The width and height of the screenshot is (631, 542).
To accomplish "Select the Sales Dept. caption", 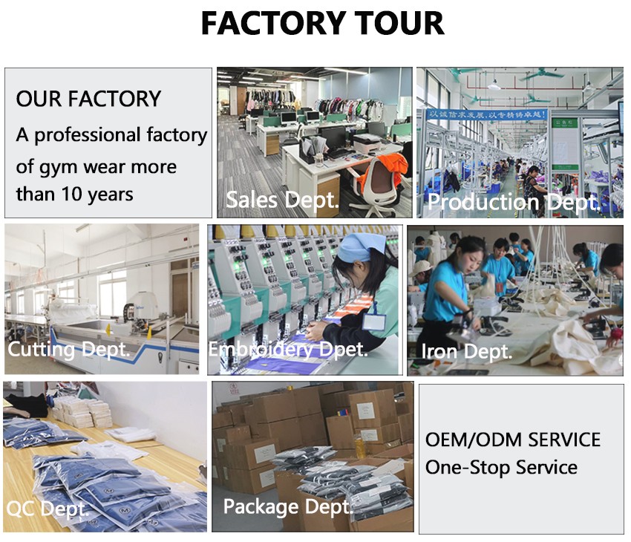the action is click(282, 200).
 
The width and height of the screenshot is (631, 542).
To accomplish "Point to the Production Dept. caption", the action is click(514, 202).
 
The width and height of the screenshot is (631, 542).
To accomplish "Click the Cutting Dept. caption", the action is click(69, 349).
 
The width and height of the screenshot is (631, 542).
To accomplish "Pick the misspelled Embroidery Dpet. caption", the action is click(288, 349).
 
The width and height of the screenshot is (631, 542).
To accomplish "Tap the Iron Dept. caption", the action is click(466, 352).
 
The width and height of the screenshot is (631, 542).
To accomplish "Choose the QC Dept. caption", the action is click(48, 509).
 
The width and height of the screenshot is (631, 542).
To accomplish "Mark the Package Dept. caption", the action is click(288, 506).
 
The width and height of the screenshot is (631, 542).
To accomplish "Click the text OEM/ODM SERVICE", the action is click(513, 440).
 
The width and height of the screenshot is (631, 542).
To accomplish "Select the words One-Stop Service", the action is click(501, 468).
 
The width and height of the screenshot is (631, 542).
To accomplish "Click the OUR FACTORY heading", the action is click(88, 99).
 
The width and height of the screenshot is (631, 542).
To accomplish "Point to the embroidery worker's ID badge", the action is click(374, 321).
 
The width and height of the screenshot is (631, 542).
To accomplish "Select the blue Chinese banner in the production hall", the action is click(486, 115).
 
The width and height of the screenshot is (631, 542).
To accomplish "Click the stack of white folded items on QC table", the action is click(83, 413).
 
